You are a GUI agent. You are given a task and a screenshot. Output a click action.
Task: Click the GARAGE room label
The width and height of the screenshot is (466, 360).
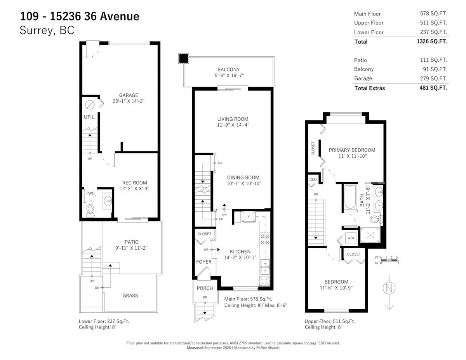coord(129,95)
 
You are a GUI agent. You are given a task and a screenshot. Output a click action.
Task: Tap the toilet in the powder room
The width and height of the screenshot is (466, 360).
coord(90,210)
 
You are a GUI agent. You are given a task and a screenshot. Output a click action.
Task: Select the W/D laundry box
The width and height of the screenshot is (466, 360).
coord(351,238)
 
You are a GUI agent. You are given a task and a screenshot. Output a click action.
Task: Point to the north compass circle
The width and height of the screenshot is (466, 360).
coord(389,289)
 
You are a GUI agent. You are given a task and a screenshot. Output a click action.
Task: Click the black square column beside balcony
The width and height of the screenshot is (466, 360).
coord(183,59)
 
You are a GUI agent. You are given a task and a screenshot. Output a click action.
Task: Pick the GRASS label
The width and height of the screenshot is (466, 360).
coord(130,296)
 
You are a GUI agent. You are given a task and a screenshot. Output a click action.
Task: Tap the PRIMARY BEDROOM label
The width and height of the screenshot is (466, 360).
coord(352,150)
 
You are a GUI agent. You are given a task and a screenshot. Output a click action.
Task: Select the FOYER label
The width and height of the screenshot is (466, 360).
coord(204,262)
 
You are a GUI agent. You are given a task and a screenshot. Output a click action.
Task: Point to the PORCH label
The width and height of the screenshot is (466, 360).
coord(204,288)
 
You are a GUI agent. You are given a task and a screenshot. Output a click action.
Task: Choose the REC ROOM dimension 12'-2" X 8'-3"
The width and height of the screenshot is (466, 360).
coord(134,188)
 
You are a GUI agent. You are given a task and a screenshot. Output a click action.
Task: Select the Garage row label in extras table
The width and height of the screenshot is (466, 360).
coord(363,78)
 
